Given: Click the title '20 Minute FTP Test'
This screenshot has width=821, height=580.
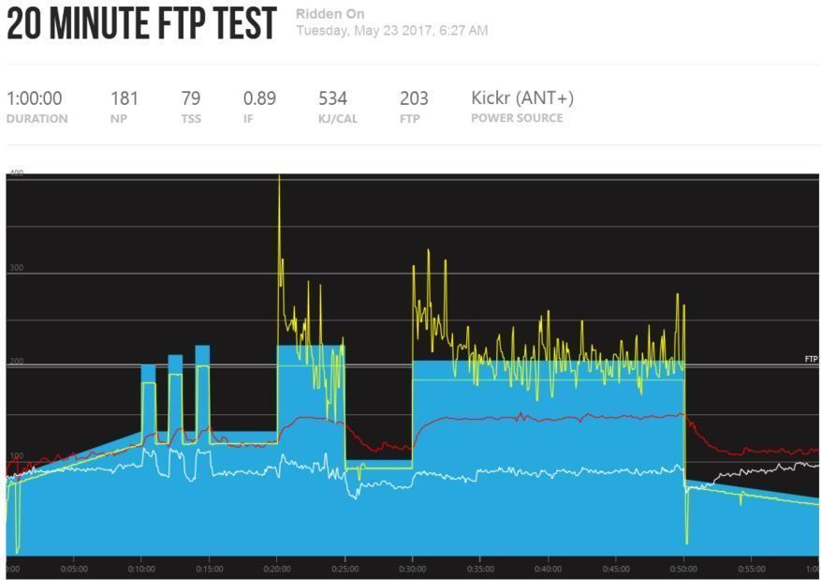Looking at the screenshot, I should tap(141, 24).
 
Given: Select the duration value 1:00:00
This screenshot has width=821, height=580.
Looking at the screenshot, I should tap(35, 98).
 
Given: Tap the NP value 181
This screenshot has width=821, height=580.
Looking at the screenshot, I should tap(125, 98).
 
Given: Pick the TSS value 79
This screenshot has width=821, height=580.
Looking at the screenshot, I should tap(191, 98).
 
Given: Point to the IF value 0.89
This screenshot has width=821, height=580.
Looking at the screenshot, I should tap(259, 98).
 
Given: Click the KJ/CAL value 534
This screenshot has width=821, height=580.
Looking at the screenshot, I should tap(333, 98).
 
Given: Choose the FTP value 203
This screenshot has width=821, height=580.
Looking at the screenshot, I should tap(414, 98).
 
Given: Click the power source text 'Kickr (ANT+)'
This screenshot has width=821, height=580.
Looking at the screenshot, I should tap(522, 98).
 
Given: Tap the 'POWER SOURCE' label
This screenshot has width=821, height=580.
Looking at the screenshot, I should tap(517, 118).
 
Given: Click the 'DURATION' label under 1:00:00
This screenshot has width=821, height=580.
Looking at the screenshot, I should tap(37, 119).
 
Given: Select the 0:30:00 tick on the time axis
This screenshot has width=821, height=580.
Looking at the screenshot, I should tap(412, 569).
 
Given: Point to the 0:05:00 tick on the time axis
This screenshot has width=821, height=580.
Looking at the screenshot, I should tap(74, 569).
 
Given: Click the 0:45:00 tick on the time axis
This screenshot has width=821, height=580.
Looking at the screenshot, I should tap(616, 569).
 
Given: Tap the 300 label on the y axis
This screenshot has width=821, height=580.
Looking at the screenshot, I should tap(17, 268).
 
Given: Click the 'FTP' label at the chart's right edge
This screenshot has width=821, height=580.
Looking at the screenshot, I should tap(811, 359).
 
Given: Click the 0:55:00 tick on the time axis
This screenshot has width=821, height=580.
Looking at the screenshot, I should tap(752, 569).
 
